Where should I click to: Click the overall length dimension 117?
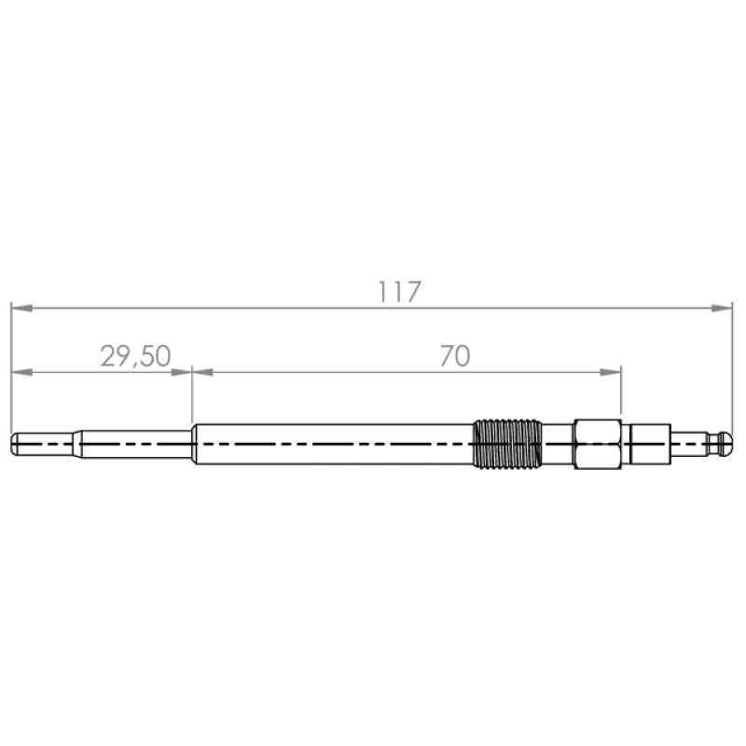(399, 292)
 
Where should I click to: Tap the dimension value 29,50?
(135, 356)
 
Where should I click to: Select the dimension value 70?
(455, 356)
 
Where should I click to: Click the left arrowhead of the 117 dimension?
(21, 309)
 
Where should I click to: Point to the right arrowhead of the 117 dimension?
(722, 309)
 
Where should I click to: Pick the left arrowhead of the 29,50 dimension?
(21, 372)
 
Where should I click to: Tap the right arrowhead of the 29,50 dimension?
(181, 372)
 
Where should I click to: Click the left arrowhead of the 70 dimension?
(202, 372)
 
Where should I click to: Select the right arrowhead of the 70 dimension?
(611, 372)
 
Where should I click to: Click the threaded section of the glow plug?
(507, 444)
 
